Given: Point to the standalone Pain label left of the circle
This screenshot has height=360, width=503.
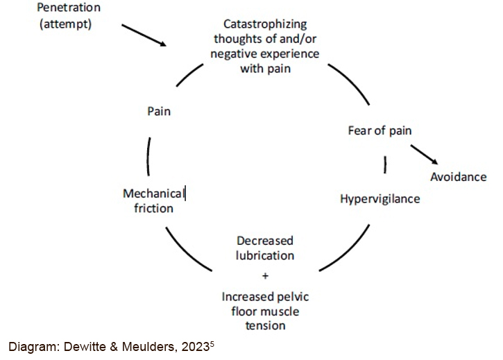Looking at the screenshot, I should (159, 111).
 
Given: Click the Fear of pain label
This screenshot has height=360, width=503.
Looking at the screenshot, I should (380, 130).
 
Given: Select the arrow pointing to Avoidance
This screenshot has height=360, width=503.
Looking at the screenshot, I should (425, 155).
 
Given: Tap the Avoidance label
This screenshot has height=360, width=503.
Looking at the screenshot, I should (459, 177).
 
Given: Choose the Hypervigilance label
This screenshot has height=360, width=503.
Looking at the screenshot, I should (380, 199).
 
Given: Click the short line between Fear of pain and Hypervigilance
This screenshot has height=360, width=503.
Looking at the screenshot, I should (385, 165).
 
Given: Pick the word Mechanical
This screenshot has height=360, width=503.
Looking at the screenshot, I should (153, 194).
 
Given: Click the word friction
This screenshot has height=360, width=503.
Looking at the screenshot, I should (153, 208).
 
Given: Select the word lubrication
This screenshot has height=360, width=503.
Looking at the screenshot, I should (265, 255).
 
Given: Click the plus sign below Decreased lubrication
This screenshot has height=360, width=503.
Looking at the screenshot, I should (266, 275).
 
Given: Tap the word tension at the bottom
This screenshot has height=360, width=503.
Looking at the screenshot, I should (265, 325).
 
